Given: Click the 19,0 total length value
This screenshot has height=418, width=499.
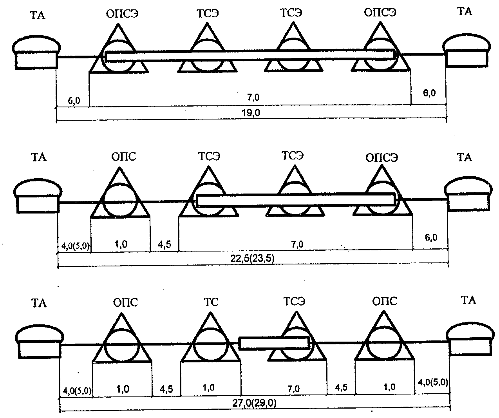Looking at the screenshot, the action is (251, 113).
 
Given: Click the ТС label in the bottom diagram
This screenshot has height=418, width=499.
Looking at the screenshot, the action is (211, 302).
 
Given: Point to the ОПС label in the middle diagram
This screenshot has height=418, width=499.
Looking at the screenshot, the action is (123, 157).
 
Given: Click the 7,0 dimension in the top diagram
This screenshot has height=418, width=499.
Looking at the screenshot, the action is (253, 98).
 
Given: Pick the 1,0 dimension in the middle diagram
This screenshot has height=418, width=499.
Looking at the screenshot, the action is (121, 244).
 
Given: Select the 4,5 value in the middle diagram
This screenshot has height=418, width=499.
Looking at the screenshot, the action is (165, 244).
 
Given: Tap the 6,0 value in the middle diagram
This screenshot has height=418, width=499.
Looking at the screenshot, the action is (431, 237).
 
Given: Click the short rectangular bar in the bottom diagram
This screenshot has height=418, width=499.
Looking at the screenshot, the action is (274, 343).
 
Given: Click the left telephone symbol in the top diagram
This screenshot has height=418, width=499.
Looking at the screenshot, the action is (36, 52).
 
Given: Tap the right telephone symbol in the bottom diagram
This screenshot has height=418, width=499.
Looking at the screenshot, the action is (470, 339).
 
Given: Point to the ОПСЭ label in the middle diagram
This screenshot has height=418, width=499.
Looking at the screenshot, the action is (381, 158).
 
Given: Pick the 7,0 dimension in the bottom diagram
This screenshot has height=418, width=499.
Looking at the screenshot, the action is (294, 389).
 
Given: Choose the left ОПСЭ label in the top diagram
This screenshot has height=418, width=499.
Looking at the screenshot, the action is (122, 14).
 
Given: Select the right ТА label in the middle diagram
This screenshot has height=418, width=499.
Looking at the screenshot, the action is (465, 157).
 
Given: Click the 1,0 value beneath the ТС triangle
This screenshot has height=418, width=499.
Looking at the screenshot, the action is (208, 388).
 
